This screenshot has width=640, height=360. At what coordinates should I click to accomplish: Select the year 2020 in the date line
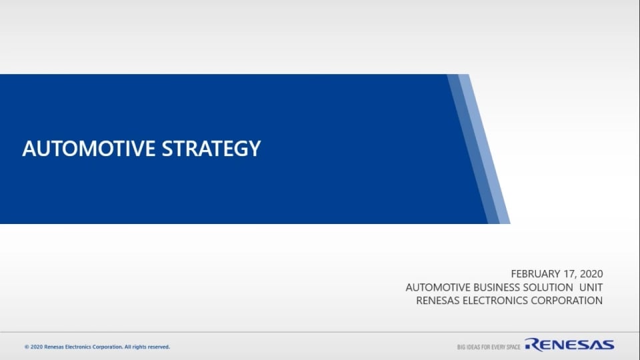click(592, 273)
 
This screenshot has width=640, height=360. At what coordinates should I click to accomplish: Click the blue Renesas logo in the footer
click(569, 345)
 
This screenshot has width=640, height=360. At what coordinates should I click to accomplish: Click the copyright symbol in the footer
click(27, 347)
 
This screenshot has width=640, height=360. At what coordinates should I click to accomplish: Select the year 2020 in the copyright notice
click(36, 347)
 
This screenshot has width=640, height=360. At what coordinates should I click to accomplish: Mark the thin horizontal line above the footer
click(320, 332)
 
